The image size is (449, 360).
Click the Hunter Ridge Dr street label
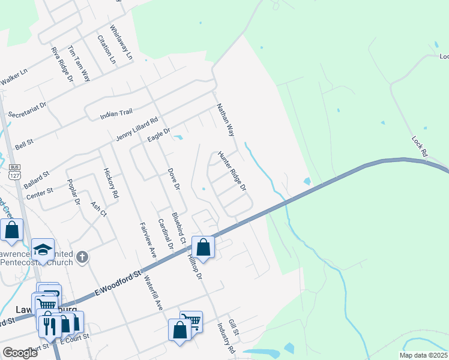point(232,171)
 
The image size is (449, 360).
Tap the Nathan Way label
point(225,119)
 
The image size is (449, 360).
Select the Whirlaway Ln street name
point(121,41)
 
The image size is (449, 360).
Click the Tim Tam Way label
point(79,63)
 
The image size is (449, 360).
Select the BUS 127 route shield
point(15,172)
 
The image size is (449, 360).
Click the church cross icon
point(82,257)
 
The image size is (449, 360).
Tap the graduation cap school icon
point(43,249)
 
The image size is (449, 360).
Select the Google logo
point(20,353)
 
